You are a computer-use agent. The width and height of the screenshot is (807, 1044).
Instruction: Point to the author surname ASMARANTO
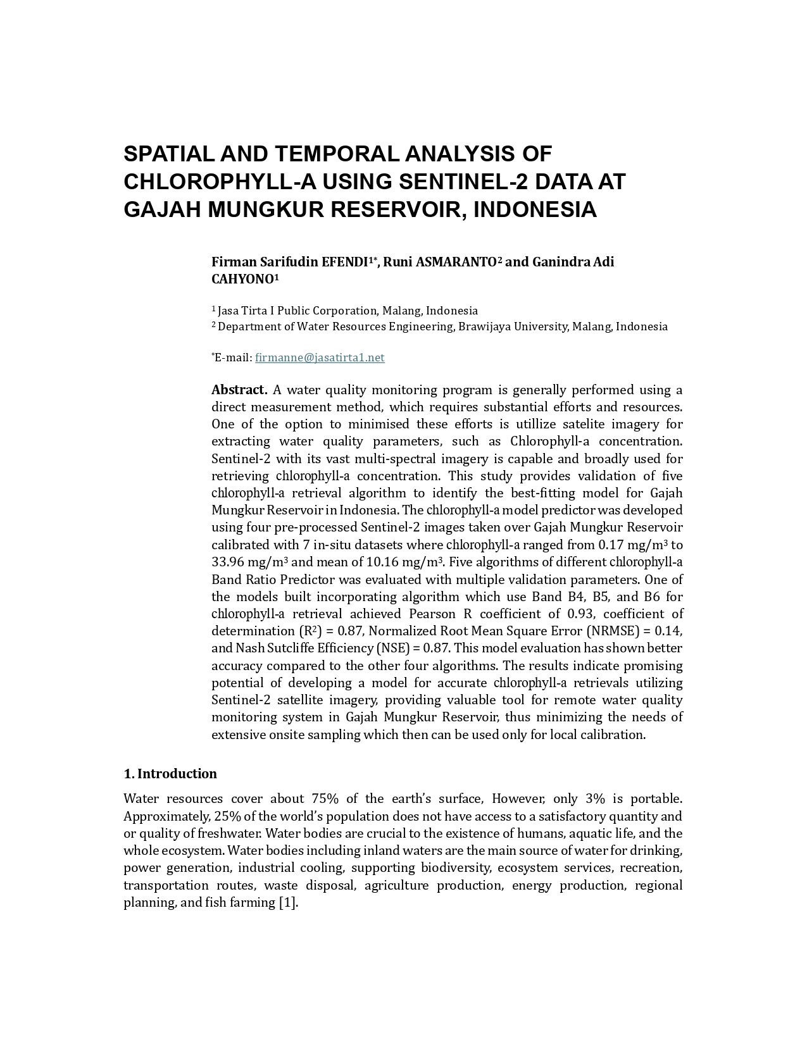point(456,262)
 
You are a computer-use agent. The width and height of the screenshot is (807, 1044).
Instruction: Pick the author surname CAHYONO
point(242,279)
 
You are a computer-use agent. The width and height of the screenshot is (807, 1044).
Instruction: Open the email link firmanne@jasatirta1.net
point(320,357)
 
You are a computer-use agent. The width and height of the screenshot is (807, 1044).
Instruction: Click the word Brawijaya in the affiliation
point(484,326)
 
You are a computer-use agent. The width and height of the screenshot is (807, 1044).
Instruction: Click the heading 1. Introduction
point(170,774)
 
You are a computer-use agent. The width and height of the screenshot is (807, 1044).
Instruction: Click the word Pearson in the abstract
point(432,614)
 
